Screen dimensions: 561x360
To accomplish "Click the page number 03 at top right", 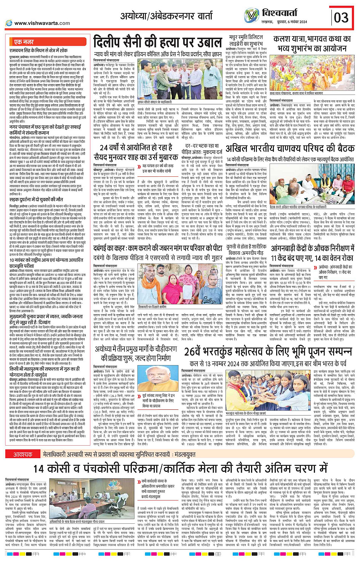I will (x=341, y=18).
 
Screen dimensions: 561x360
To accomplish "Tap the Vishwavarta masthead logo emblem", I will (x=251, y=16).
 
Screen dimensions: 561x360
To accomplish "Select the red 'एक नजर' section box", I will (x=24, y=42).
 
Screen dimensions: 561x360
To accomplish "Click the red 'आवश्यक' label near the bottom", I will (x=23, y=444).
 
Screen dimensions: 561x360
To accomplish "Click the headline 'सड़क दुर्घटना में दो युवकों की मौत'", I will (x=36, y=200).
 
